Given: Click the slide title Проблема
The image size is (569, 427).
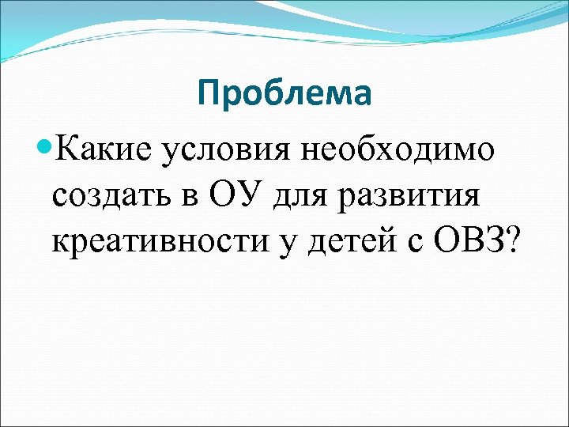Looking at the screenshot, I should pos(284,94).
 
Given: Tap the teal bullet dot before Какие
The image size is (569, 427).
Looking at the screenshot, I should pos(44,147).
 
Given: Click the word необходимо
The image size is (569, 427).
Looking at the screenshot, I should pos(402,148).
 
